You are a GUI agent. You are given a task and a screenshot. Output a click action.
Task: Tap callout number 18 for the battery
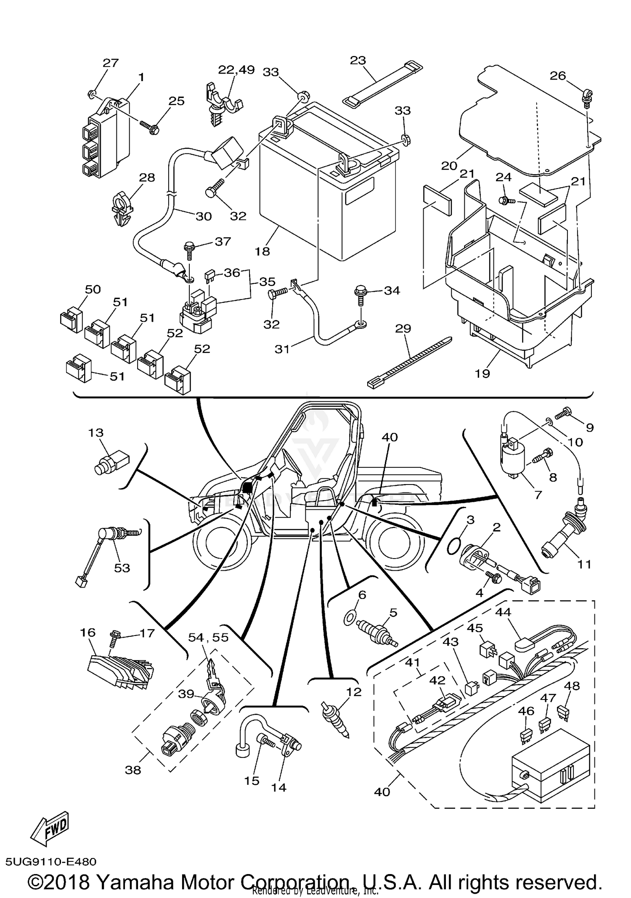(x=262, y=252)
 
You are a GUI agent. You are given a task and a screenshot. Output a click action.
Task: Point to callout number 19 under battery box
(x=483, y=373)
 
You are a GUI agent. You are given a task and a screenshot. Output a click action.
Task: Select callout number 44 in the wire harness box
(x=503, y=612)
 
